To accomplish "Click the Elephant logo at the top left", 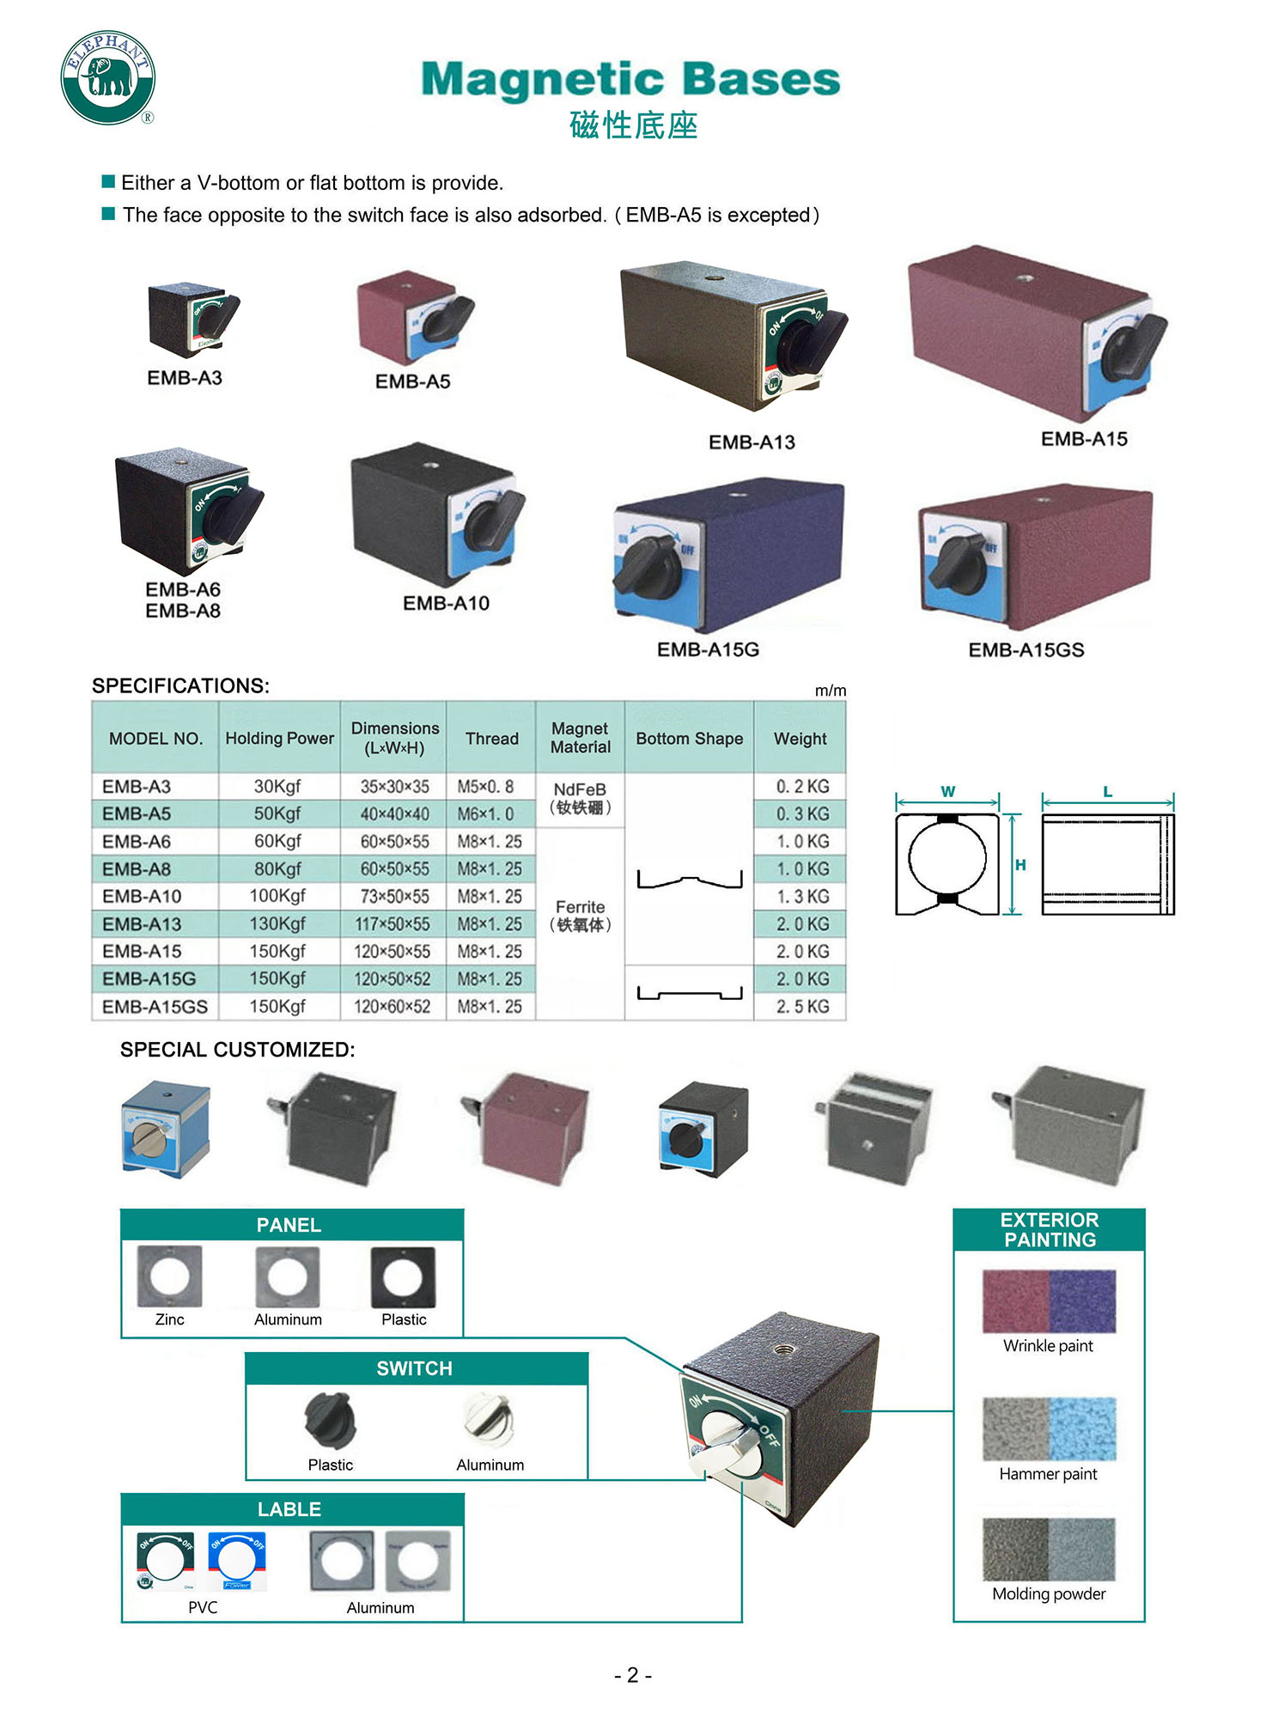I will [107, 77].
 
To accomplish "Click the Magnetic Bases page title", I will [630, 79].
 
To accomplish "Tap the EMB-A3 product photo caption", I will [185, 378].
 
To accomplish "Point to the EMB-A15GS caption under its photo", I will [1026, 650].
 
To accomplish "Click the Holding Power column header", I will [279, 738].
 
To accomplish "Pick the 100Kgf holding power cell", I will [277, 896].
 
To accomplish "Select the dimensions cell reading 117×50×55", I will [394, 924].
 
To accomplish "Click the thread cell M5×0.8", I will [485, 786].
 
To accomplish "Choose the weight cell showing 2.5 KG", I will [802, 1006].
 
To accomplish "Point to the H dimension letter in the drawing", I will [1020, 865].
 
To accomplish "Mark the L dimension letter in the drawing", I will [1108, 791].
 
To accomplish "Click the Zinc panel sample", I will [169, 1276].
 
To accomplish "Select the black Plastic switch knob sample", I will [330, 1419].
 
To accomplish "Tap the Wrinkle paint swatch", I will [1049, 1301].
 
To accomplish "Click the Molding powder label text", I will [1049, 1593].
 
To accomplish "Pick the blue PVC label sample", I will [236, 1560].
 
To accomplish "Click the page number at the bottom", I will [633, 1675].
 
